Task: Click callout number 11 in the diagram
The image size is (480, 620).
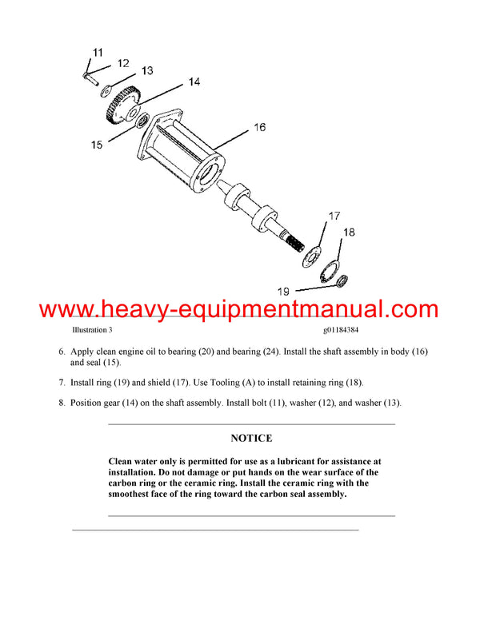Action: [97, 53]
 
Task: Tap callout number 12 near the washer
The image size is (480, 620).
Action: [122, 63]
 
